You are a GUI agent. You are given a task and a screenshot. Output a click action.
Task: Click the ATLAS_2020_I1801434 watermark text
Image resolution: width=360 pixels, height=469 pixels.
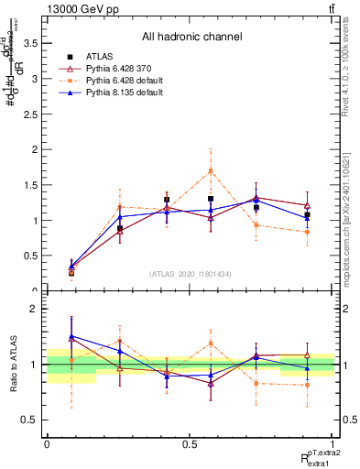pos(191,274)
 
